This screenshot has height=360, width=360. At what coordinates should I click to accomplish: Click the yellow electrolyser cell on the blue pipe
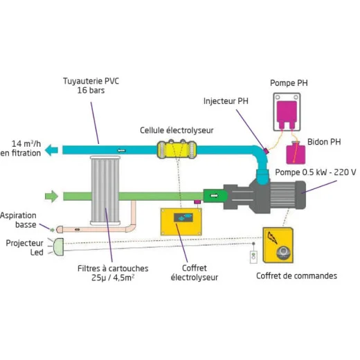coord(177,150)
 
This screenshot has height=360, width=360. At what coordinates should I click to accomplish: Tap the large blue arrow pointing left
coord(51,150)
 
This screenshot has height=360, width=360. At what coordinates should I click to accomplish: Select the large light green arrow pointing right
coord(51,197)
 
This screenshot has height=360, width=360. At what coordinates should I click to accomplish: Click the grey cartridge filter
coord(105,190)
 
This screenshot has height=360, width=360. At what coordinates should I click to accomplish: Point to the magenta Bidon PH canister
coord(296,153)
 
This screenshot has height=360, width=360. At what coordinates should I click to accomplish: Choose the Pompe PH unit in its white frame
coord(287,112)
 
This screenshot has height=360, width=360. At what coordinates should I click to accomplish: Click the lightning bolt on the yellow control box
coord(272,237)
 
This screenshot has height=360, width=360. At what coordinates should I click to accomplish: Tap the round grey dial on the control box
coord(283,253)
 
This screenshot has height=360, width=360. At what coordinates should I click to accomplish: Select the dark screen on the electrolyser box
coord(183,217)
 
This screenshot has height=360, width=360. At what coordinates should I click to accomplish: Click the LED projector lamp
coord(58,247)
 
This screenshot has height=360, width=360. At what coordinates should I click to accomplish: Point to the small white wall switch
coord(253,257)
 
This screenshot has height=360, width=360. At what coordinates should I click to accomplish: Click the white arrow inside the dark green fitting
coord(214,196)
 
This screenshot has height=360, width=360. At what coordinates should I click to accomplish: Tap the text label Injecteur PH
coord(226,101)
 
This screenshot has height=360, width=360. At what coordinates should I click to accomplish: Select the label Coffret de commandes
coord(296,276)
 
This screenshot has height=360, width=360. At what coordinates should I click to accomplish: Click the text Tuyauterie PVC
coord(91,81)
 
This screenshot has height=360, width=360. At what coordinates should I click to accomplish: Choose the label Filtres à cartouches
coord(113,269)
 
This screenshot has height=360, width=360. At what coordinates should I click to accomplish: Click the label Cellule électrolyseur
coord(177,130)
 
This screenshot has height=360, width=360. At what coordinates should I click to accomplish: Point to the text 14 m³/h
coord(26,143)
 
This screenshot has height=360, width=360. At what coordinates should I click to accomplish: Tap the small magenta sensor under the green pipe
coord(197,202)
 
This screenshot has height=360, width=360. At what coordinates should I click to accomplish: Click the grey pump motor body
coord(265,196)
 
